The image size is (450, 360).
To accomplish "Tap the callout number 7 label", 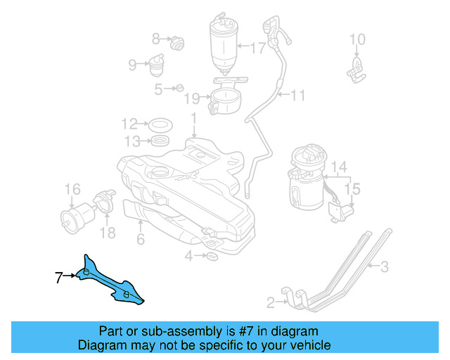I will (x=59, y=277).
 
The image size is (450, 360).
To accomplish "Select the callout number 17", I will (x=257, y=49).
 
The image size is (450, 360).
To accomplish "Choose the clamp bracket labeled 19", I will (x=224, y=101).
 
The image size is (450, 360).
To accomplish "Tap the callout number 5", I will (x=159, y=89).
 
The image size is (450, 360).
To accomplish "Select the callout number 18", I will (x=108, y=233).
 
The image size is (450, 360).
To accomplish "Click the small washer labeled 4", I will (x=212, y=257).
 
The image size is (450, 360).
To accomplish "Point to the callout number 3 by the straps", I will (x=384, y=266).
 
